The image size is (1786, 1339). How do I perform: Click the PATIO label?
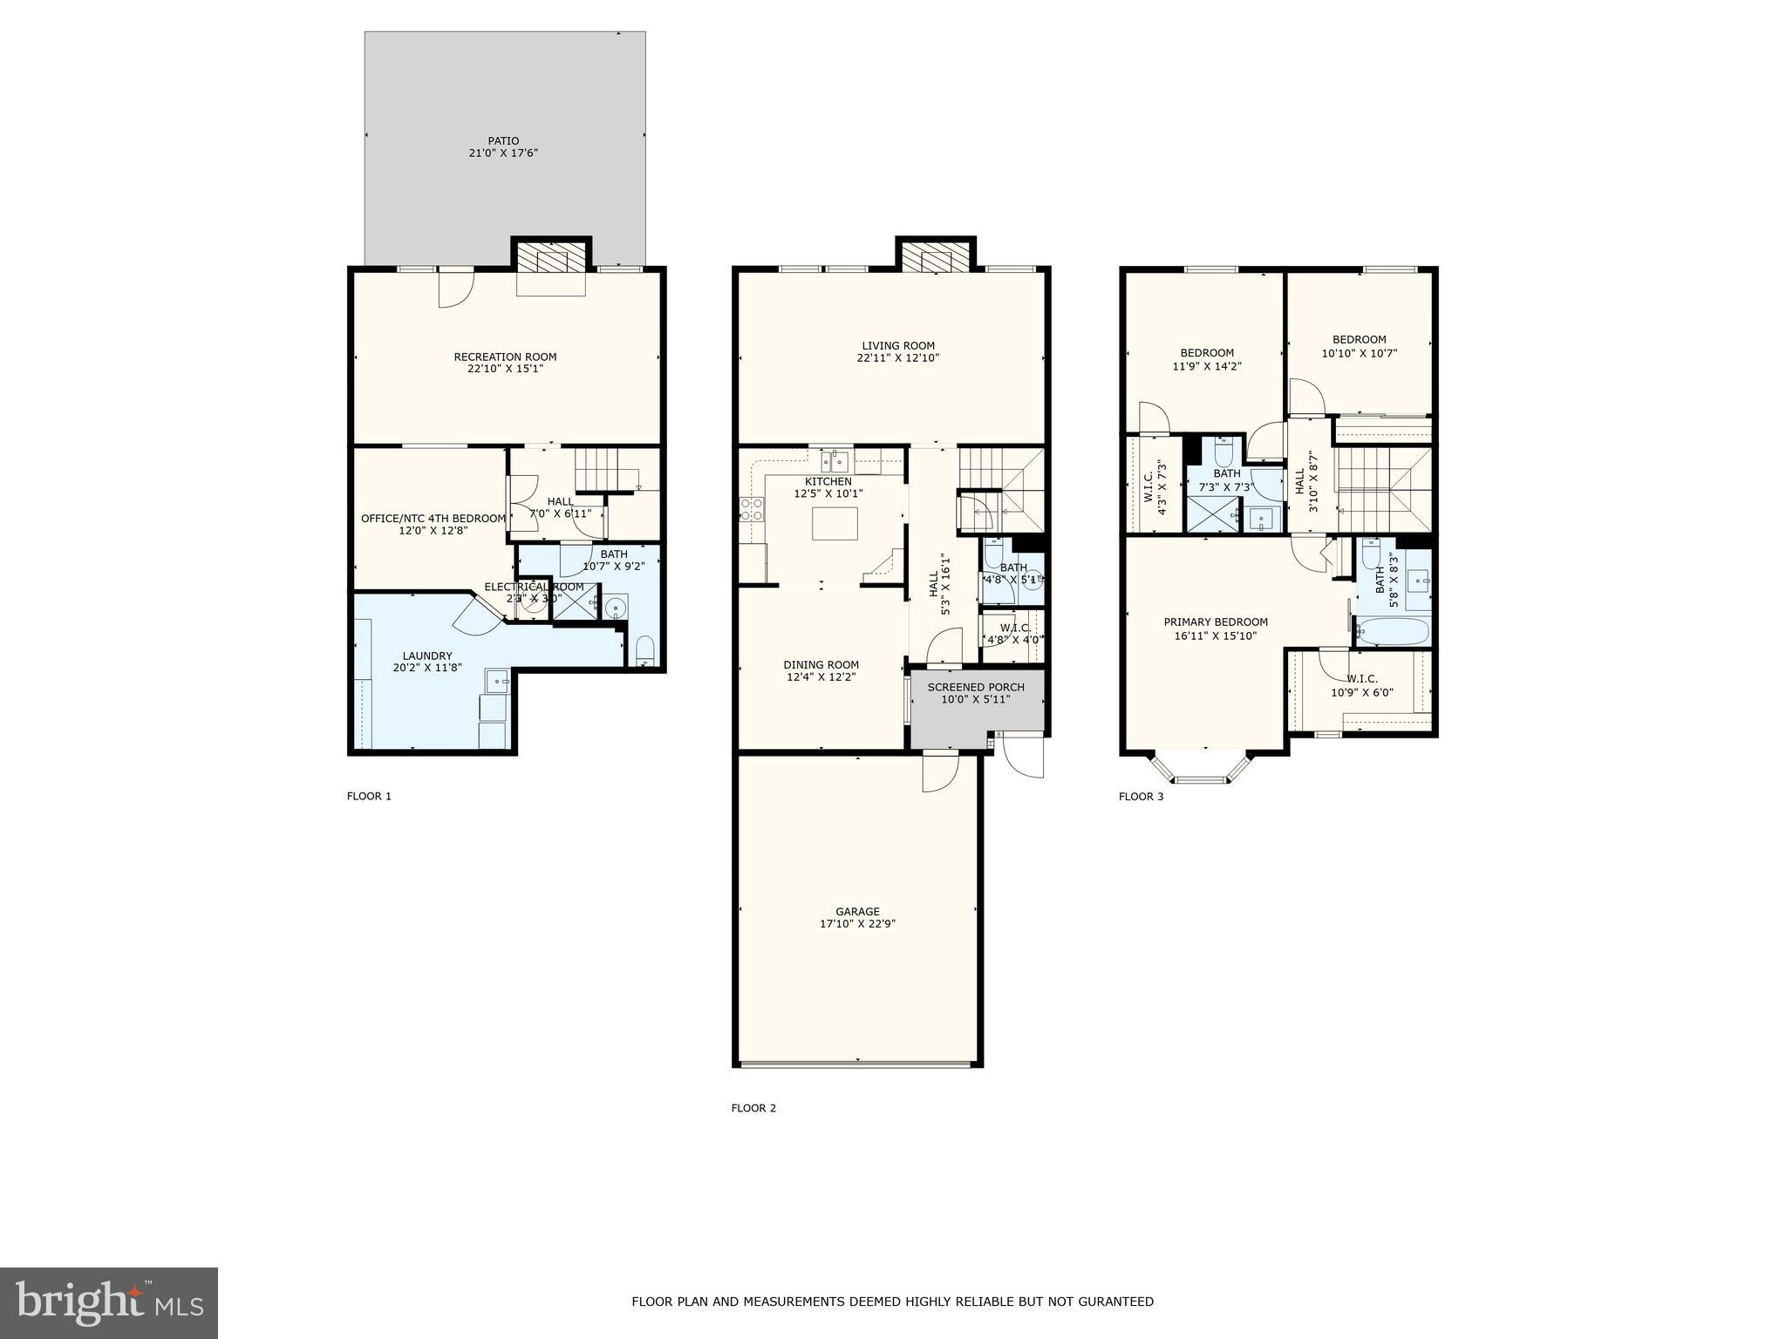(x=503, y=141)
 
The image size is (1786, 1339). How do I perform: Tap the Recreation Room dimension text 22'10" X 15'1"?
(x=505, y=369)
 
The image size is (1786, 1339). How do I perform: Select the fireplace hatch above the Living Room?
(x=936, y=259)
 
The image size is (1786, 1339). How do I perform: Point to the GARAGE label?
(x=857, y=912)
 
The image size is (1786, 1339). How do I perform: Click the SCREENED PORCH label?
(x=976, y=687)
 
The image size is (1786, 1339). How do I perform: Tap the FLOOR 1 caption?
(x=369, y=796)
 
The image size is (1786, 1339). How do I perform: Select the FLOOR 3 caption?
(x=1141, y=796)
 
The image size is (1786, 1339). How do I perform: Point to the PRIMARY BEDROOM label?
(x=1216, y=622)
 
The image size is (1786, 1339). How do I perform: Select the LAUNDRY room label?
(x=427, y=656)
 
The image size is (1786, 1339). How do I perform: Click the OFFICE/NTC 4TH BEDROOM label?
(x=433, y=519)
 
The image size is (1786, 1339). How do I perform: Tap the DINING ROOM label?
(x=821, y=664)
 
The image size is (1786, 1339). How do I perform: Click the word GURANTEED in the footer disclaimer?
(x=1116, y=1302)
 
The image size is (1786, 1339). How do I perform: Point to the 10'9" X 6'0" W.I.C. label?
(x=1361, y=679)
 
